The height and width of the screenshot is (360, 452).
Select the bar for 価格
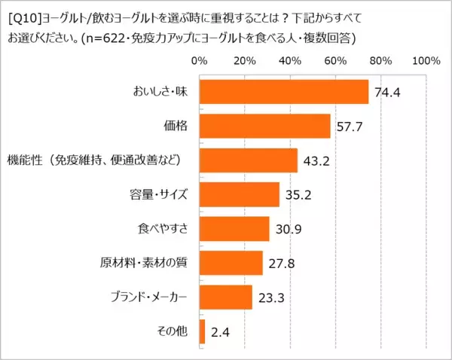click(x=265, y=126)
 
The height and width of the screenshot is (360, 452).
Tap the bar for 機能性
click(x=249, y=160)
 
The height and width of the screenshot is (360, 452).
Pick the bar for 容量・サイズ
click(x=240, y=194)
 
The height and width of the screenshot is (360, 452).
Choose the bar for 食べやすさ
click(x=234, y=229)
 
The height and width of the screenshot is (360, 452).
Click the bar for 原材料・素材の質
click(x=231, y=263)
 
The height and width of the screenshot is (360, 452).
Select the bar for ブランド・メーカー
click(x=226, y=297)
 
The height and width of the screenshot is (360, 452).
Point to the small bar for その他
click(x=203, y=331)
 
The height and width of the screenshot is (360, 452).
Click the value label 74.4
click(x=386, y=93)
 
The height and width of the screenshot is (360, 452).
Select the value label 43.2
click(x=315, y=161)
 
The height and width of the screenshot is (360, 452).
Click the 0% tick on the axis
click(x=200, y=60)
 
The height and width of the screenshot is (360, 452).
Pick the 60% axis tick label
click(x=335, y=60)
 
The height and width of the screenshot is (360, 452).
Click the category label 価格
click(x=175, y=126)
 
